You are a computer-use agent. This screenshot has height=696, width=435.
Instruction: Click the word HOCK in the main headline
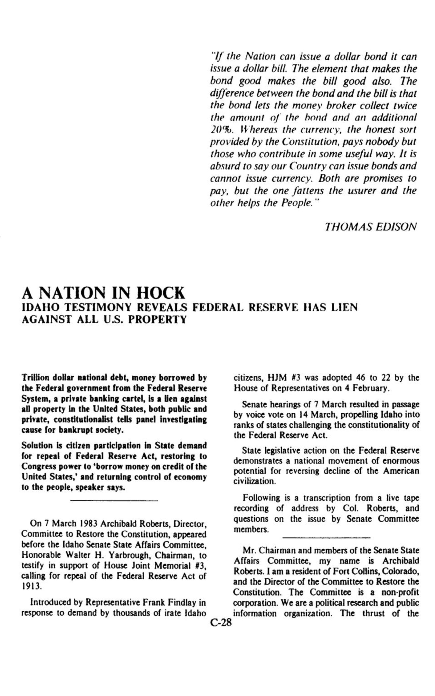point(161,293)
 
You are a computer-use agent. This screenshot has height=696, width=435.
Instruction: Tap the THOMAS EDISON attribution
point(370,227)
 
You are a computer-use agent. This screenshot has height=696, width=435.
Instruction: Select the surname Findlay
point(186,602)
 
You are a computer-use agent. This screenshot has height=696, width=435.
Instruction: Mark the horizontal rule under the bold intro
point(114,501)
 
